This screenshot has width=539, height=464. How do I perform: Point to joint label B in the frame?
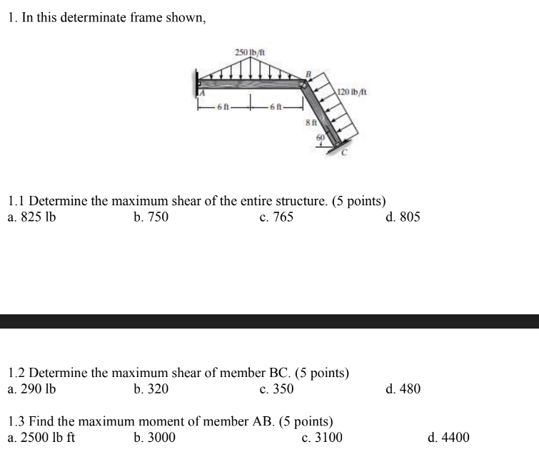tap(309, 73)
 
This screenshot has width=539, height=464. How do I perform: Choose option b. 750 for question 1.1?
tap(151, 217)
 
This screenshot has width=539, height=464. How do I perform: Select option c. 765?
tap(276, 217)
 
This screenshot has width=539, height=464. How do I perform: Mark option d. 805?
tap(403, 217)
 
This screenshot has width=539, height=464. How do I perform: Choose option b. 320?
tap(151, 389)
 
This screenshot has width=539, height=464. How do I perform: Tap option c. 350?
tap(276, 389)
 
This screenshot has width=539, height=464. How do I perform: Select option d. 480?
tap(403, 389)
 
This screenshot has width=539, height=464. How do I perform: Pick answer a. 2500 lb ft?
tap(41, 437)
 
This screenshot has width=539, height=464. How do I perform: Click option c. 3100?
tap(322, 437)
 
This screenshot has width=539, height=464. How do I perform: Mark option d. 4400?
tap(448, 437)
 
